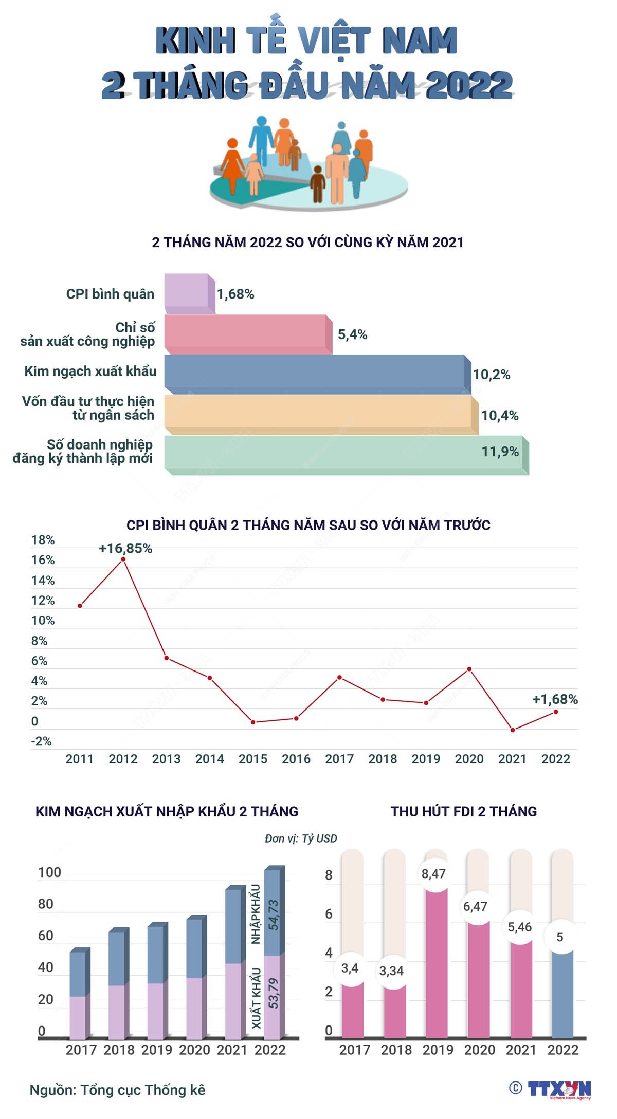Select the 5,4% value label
coord(352,335)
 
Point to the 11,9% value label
coord(500,452)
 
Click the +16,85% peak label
coord(125,548)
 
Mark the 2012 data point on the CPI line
coord(123,559)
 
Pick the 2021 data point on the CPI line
coord(513,730)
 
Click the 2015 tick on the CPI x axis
coord(253,759)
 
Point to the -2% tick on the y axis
coord(41,741)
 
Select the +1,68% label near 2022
coord(555,699)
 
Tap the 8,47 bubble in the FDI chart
coord(433,874)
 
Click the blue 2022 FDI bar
coord(562,992)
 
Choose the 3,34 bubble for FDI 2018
coord(391,971)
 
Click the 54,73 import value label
coord(274,914)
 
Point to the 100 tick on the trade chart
coord(49,872)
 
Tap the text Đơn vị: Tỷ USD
coord(301,838)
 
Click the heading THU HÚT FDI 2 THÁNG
coord(464,811)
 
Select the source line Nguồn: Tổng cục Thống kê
coord(117,1090)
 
